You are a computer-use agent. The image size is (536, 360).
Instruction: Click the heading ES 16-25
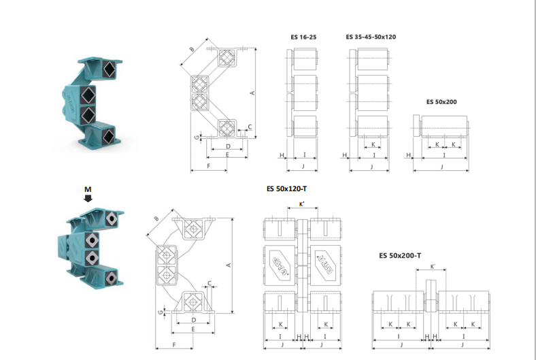coord(303,37)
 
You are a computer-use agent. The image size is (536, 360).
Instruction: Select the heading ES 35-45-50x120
coord(371,37)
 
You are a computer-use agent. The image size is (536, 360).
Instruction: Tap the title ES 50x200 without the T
coord(441,101)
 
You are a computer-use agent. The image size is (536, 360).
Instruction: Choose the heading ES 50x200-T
coord(400,256)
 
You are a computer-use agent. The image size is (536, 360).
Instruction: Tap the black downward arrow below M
coord(88,198)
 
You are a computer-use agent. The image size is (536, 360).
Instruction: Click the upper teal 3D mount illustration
coord(95,102)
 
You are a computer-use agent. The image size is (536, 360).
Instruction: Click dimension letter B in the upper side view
coord(192,50)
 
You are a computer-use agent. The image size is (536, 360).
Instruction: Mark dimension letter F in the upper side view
coord(207,165)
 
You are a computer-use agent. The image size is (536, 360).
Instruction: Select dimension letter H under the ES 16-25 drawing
coord(281,155)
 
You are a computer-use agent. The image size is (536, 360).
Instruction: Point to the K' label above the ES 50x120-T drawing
coord(302,203)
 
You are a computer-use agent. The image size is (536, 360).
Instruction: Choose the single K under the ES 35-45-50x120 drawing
coord(372,145)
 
